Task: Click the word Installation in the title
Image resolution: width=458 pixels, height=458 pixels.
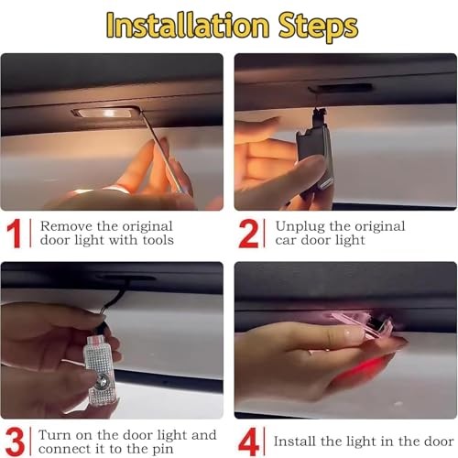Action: pyautogui.click(x=188, y=25)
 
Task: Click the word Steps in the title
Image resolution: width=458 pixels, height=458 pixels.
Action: pyautogui.click(x=318, y=27)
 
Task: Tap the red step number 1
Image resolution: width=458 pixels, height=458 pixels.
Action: pyautogui.click(x=14, y=234)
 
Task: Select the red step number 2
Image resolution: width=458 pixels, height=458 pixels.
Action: pyautogui.click(x=249, y=234)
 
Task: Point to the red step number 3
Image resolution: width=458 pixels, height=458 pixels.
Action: pyautogui.click(x=15, y=442)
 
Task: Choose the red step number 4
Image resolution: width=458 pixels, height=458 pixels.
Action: pyautogui.click(x=248, y=442)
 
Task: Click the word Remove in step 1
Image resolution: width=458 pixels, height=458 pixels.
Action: pyautogui.click(x=66, y=226)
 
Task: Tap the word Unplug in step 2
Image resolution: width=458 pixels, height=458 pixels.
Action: pyautogui.click(x=300, y=227)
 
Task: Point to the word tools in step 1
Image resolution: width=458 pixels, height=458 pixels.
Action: pyautogui.click(x=158, y=240)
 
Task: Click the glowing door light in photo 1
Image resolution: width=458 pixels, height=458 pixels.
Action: pyautogui.click(x=105, y=113)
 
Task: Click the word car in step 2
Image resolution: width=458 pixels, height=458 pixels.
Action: pyautogui.click(x=286, y=241)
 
